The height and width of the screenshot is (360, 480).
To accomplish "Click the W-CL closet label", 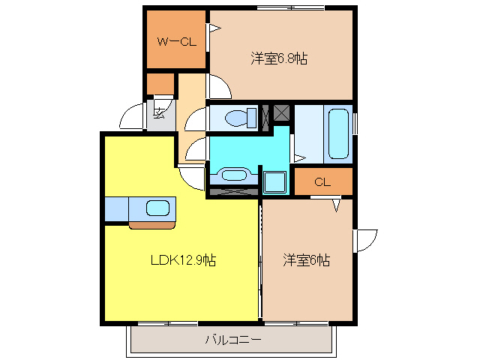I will click(175, 42).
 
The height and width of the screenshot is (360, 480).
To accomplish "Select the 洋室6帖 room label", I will click(306, 260).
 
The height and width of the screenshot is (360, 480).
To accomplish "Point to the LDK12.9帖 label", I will click(184, 260).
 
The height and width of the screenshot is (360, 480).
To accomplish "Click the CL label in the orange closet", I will click(322, 181).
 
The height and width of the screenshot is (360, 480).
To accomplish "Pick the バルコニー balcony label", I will click(233, 340).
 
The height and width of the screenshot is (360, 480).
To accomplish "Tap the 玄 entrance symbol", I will click(160, 113).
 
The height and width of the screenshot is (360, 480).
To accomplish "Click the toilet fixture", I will click(235, 118).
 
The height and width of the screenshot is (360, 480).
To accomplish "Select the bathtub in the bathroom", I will click(338, 133).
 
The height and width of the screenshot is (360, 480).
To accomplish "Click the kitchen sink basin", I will click(158, 208).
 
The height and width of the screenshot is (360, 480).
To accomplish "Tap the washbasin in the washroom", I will click(232, 175).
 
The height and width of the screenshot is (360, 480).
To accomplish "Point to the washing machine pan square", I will click(275, 182).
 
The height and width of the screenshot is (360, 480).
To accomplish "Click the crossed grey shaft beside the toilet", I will click(282, 113).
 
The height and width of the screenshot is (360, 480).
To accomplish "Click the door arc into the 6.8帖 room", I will click(219, 87).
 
